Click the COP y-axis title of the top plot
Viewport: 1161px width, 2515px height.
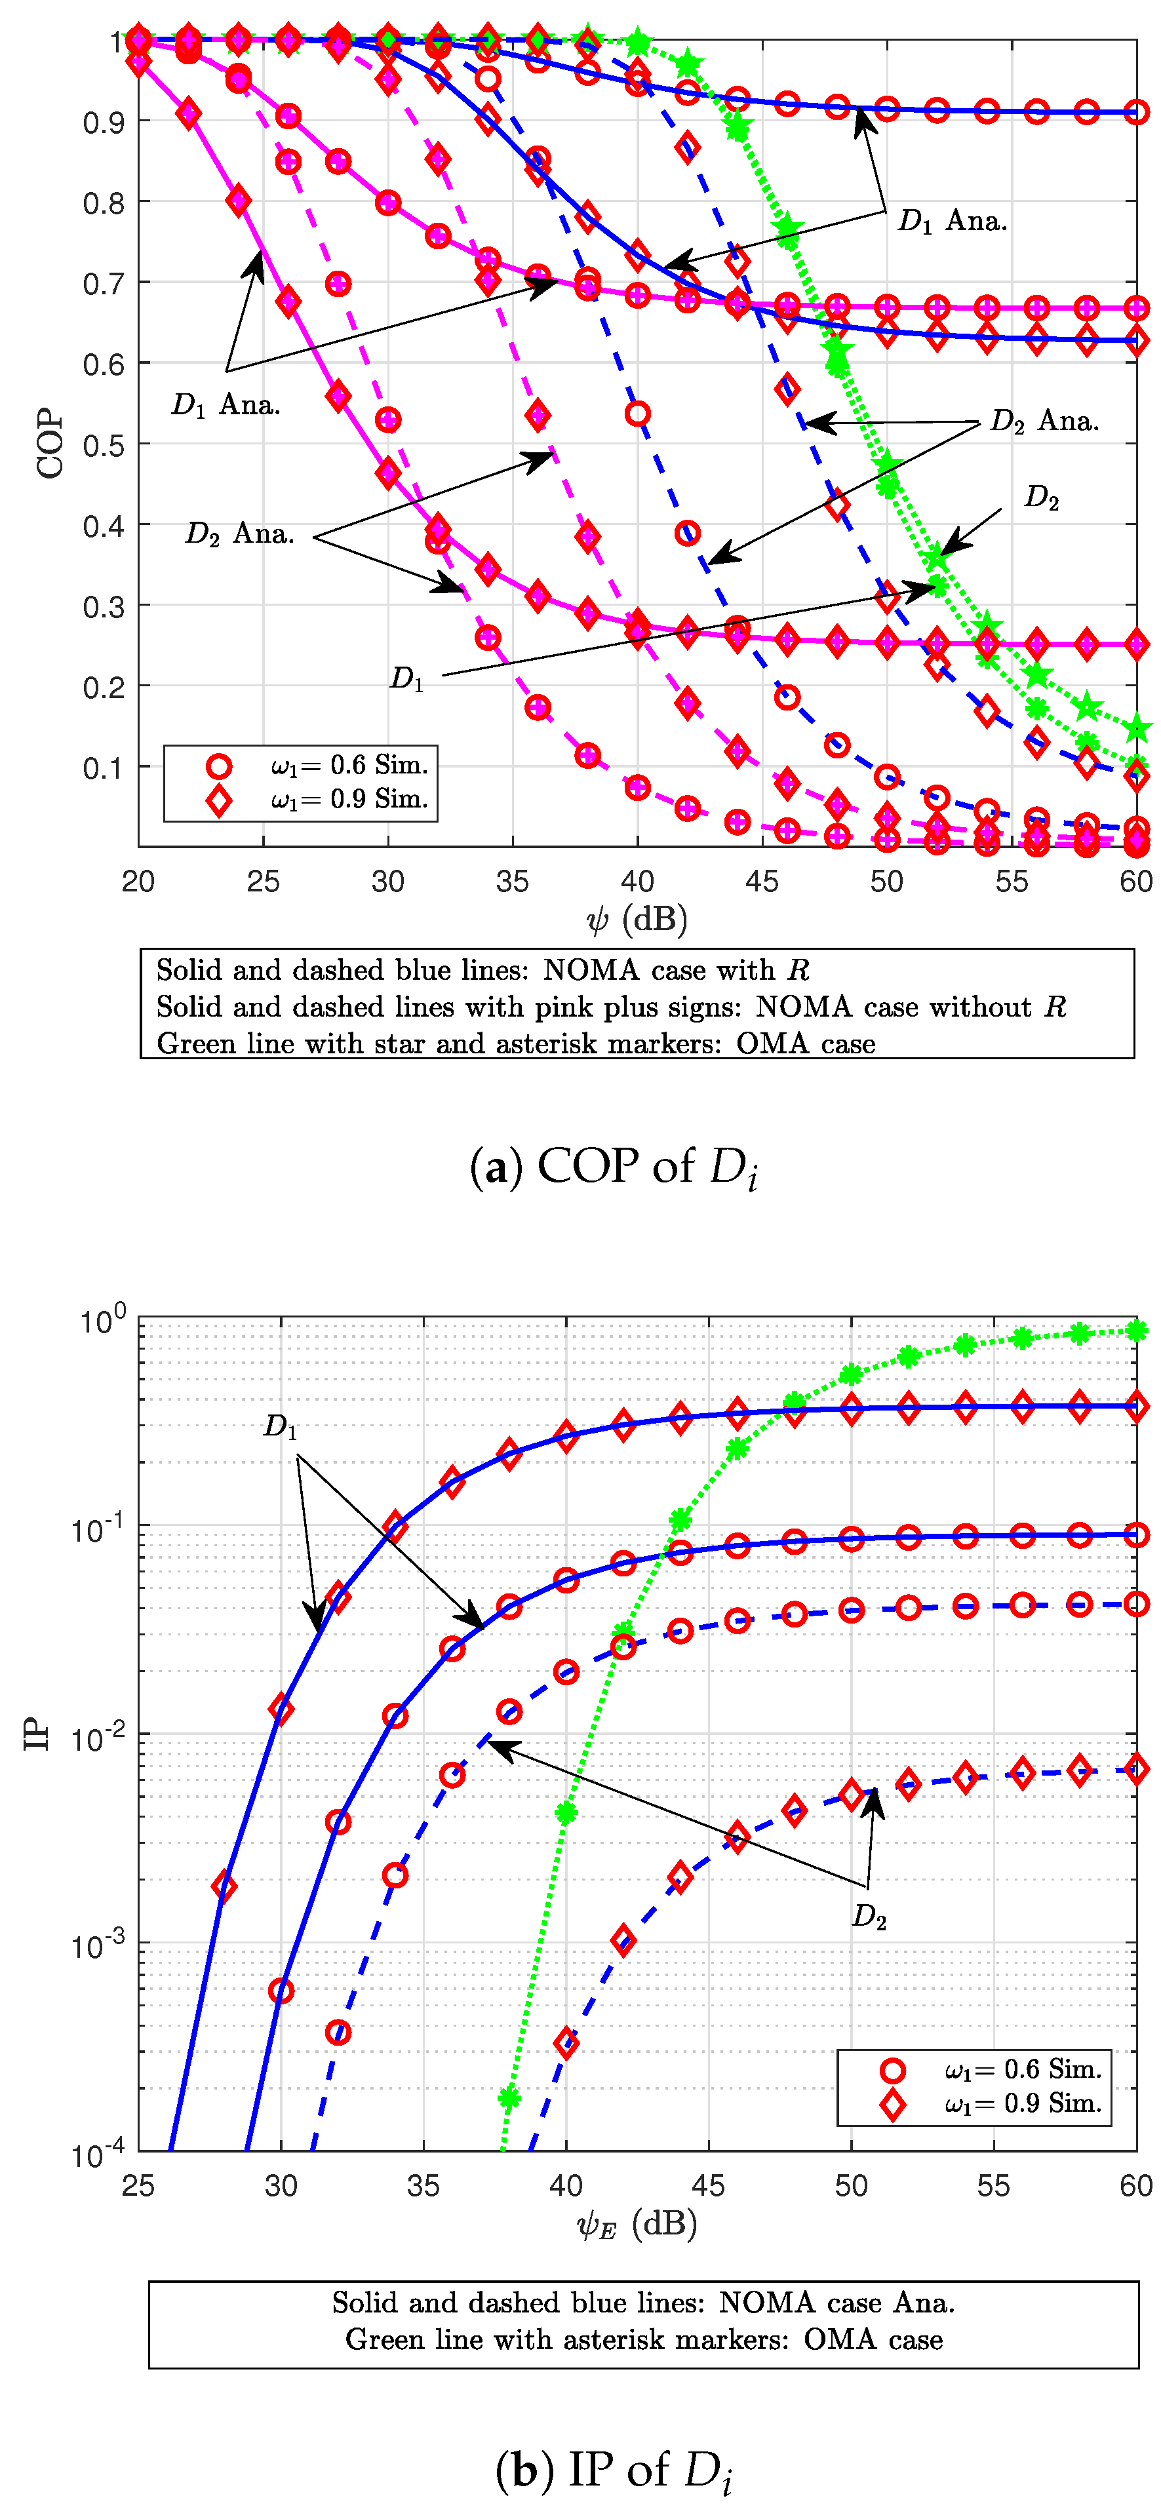(49, 444)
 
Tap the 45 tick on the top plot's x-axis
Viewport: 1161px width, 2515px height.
(762, 882)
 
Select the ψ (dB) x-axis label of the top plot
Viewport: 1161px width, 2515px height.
(637, 919)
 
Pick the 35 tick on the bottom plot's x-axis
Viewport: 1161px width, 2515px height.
(423, 2185)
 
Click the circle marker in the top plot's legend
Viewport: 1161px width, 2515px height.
(219, 766)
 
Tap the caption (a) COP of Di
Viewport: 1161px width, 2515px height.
(613, 1167)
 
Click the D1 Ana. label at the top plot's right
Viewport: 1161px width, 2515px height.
(952, 222)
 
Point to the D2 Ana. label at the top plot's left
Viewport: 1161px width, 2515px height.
(239, 534)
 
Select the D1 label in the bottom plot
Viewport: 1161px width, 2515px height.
(280, 1428)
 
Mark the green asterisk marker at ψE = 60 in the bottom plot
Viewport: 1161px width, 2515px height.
(1135, 1331)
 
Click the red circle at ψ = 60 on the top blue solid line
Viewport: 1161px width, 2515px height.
(1135, 112)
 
